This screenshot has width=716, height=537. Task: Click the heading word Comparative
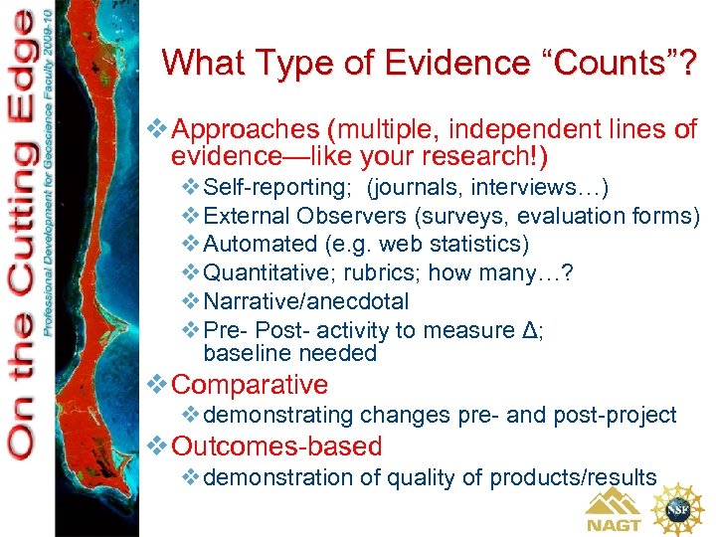(250, 385)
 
